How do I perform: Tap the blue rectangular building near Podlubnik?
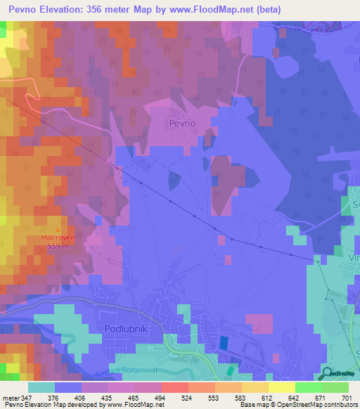click(x=224, y=342)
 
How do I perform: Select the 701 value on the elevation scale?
click(x=347, y=397)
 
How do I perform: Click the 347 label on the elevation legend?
click(x=27, y=397)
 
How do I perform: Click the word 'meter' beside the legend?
click(x=10, y=397)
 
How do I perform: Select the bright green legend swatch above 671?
click(x=309, y=387)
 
